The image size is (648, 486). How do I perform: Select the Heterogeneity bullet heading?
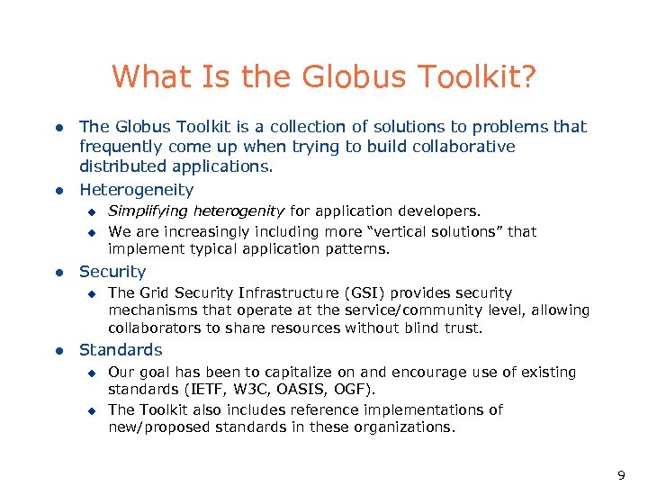136,190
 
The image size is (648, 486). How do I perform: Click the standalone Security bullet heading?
112,272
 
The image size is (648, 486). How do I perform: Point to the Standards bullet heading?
121,350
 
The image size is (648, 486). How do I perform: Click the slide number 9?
620,474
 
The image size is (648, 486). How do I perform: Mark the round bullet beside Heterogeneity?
58,190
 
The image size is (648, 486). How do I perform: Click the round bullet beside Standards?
58,350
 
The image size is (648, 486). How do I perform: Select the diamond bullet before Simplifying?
90,211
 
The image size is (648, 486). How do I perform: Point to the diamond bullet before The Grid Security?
90,292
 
